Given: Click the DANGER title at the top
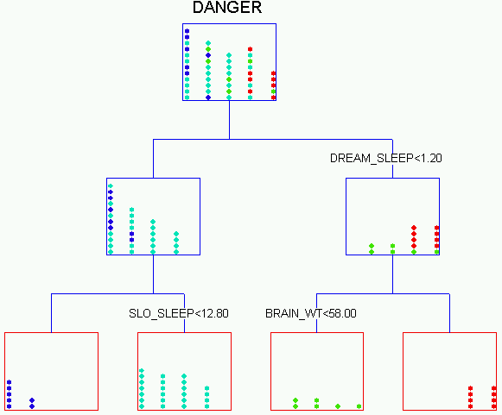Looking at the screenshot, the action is click(227, 8).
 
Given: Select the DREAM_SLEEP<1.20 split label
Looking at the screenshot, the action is click(385, 158).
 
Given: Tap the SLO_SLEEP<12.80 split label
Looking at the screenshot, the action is click(179, 313).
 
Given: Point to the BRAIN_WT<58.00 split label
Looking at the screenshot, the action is click(311, 313).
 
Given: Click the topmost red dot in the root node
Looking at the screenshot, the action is click(250, 49).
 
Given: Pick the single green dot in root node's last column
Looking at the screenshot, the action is click(273, 91).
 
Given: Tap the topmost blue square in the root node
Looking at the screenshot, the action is click(187, 31).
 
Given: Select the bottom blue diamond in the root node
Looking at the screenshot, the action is click(208, 97).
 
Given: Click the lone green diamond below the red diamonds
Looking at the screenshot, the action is click(414, 252).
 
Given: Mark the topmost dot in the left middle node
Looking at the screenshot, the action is click(111, 185).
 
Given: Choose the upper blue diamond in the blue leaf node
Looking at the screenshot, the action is click(32, 400).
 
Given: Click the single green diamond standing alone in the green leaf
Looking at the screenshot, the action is click(338, 406).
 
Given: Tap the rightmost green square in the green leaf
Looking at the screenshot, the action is click(359, 406).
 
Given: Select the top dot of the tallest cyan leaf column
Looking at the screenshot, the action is click(142, 370).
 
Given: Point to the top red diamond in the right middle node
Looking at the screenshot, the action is click(414, 228).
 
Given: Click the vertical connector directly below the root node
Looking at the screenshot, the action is click(229, 120).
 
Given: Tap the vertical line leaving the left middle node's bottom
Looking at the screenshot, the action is click(153, 274).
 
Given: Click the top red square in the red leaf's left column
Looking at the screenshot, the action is click(470, 388).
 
